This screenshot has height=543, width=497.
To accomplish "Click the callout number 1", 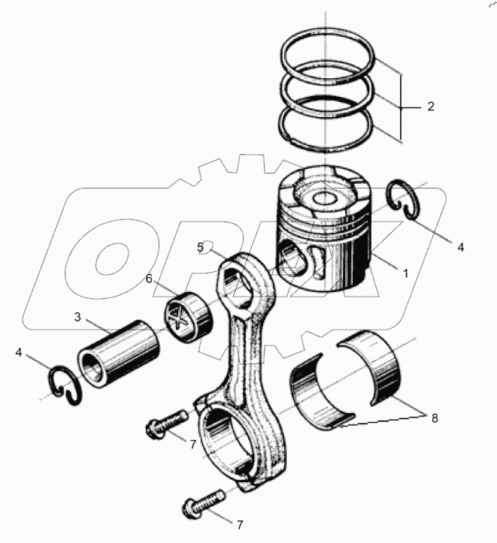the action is pyautogui.click(x=406, y=273).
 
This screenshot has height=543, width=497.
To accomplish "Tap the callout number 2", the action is pyautogui.click(x=431, y=106).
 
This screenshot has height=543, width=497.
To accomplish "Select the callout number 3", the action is pyautogui.click(x=77, y=316).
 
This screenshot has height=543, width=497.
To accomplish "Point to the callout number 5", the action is pyautogui.click(x=200, y=247).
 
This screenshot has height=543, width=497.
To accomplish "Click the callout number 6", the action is pyautogui.click(x=149, y=278).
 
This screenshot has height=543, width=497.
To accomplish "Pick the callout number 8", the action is pyautogui.click(x=435, y=418).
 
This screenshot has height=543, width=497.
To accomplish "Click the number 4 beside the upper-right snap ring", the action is pyautogui.click(x=461, y=247).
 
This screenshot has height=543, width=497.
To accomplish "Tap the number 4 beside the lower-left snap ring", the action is pyautogui.click(x=19, y=352).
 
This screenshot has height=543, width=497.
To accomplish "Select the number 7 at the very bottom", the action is pyautogui.click(x=240, y=525).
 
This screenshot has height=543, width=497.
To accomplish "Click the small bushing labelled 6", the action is pyautogui.click(x=189, y=317).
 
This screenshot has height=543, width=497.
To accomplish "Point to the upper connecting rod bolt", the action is pyautogui.click(x=165, y=422).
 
